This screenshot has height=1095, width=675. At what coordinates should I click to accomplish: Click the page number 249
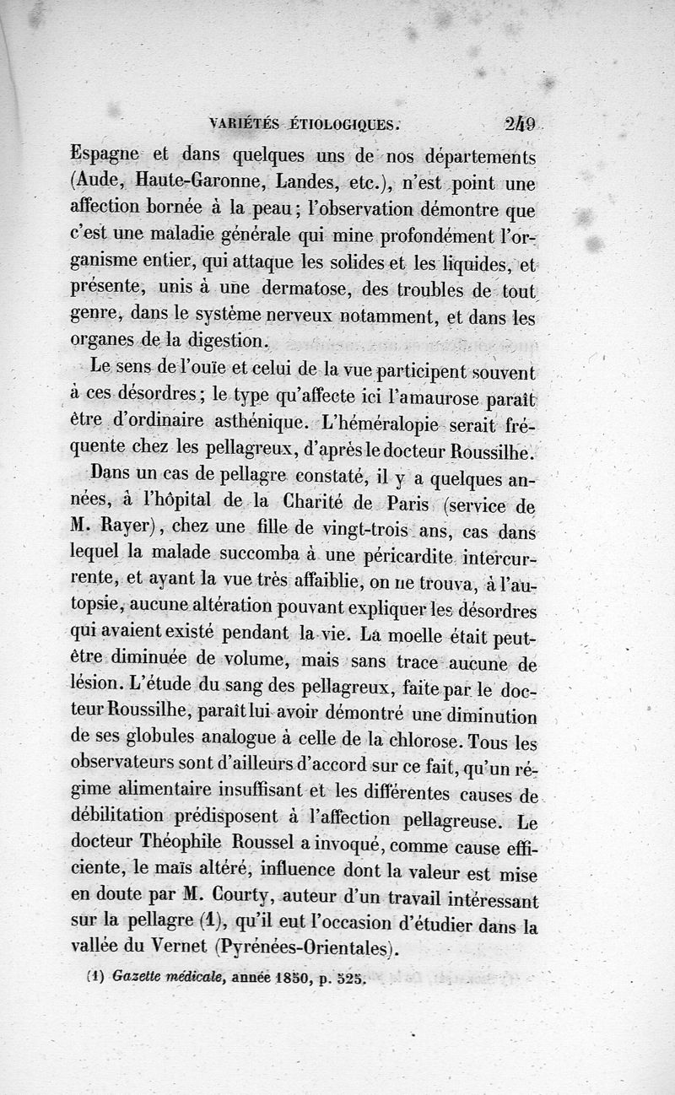pos(523,123)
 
